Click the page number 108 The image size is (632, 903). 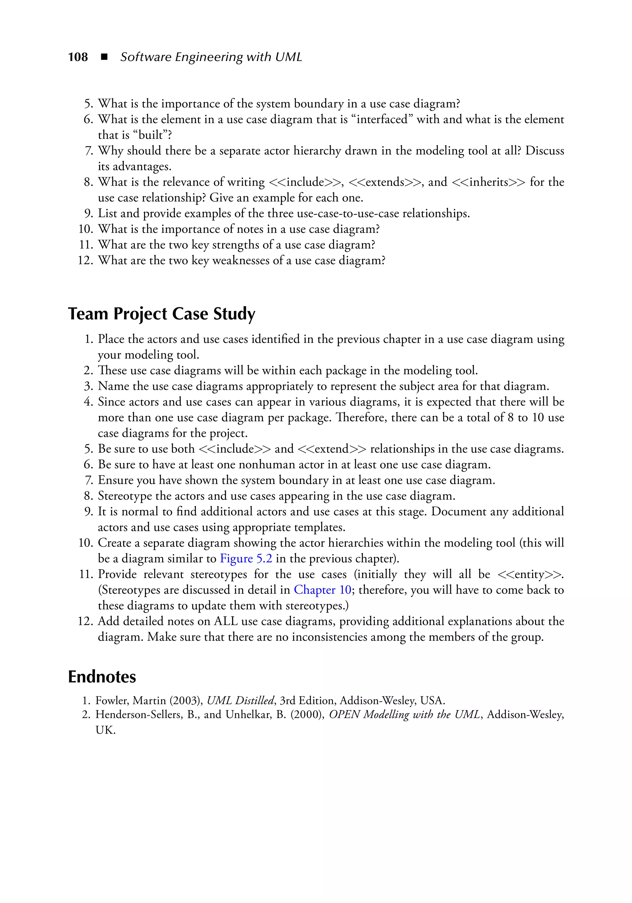coord(78,57)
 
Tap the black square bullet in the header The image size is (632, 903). coord(104,57)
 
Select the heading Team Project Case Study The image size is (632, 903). coord(162,314)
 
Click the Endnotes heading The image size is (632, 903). coord(102,677)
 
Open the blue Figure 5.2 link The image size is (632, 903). coord(246,559)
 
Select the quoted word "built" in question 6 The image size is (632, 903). coord(151,135)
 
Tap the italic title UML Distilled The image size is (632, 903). coord(241,701)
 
